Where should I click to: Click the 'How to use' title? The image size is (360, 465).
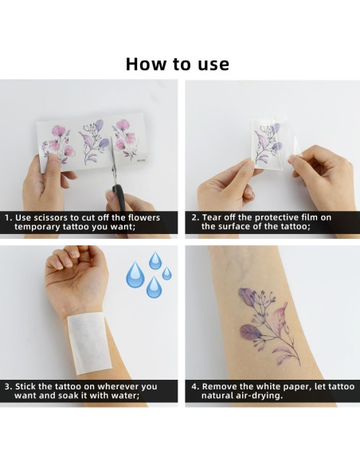point(178,64)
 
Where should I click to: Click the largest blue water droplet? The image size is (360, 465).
point(136,275)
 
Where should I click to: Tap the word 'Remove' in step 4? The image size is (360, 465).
point(222,387)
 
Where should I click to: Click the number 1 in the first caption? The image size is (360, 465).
point(8,217)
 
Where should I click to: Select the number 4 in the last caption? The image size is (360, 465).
point(194,387)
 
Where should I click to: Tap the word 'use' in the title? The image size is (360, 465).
point(210,64)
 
